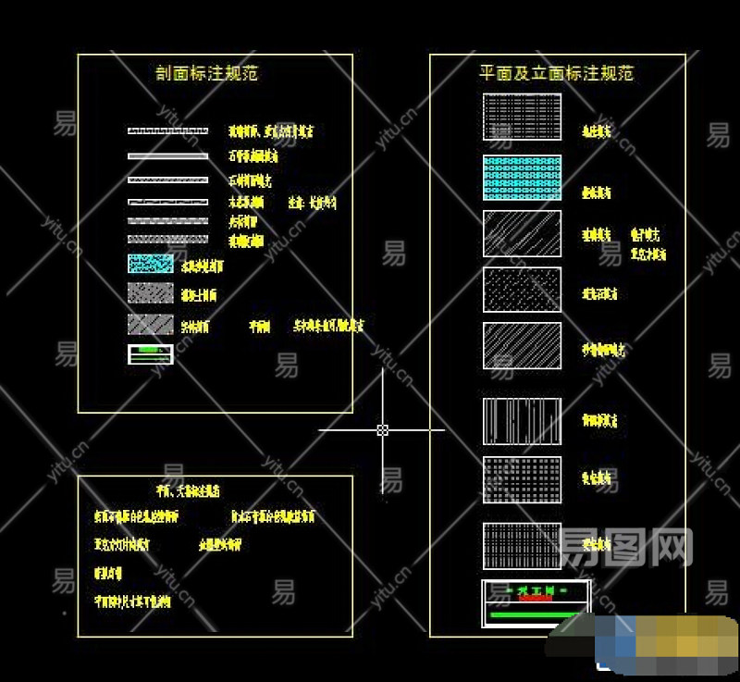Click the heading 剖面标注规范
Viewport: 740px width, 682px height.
click(x=207, y=73)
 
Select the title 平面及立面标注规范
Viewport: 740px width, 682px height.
click(x=556, y=73)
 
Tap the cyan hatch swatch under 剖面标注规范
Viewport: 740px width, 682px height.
click(x=151, y=264)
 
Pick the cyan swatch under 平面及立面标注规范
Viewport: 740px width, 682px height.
click(x=522, y=178)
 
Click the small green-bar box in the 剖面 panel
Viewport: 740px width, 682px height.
click(x=151, y=353)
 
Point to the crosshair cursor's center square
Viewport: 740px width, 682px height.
click(x=382, y=429)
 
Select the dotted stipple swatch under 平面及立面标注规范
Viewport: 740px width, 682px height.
click(x=522, y=291)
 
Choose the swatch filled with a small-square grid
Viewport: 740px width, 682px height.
click(x=522, y=479)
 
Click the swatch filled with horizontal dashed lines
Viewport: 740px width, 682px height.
click(x=522, y=117)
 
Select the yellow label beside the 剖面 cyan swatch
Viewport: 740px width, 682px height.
click(x=203, y=267)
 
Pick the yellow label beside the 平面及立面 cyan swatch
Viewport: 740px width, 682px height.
click(x=597, y=193)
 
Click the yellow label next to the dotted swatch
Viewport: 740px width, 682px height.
click(x=599, y=294)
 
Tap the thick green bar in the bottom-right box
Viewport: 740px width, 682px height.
click(x=534, y=614)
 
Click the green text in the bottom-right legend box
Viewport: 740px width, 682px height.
click(x=535, y=589)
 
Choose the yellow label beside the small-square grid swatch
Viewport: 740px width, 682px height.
click(x=597, y=479)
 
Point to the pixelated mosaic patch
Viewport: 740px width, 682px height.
click(x=666, y=643)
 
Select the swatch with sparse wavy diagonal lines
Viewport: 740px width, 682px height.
click(x=522, y=233)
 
